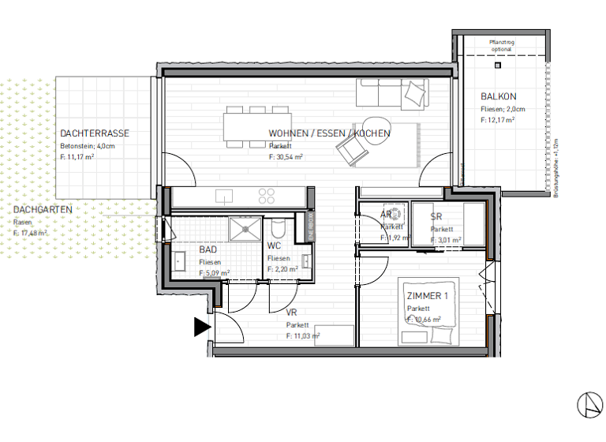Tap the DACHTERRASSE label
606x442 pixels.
(95, 133)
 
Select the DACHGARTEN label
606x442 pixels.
(43, 209)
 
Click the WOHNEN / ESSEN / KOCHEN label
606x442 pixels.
(329, 133)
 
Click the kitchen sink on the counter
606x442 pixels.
(223, 194)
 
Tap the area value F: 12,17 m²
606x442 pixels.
(497, 121)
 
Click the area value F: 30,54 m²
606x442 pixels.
(286, 157)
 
